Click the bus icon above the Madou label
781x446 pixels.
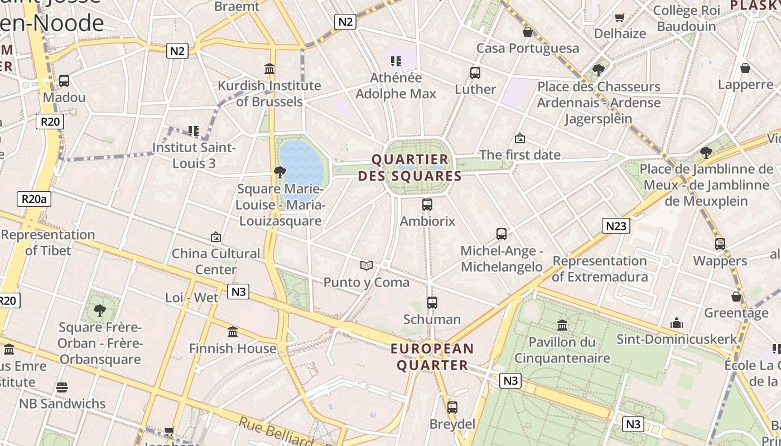pos(64,81)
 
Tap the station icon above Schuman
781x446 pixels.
pos(432,303)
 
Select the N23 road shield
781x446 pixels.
pos(616,226)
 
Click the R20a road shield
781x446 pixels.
pos(33,199)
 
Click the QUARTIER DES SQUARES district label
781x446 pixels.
pos(410,168)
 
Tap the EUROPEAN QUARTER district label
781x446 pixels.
pos(432,357)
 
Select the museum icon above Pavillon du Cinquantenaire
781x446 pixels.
pos(562,325)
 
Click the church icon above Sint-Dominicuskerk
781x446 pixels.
pos(677,323)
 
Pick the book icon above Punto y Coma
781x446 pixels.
pos(366,265)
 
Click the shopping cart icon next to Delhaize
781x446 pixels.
pos(619,17)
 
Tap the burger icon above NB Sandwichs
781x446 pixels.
pos(62,387)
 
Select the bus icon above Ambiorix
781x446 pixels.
pos(427,205)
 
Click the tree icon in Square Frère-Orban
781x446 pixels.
pos(100,310)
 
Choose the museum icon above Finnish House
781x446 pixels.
pos(233,332)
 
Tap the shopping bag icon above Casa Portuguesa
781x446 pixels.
pos(527,32)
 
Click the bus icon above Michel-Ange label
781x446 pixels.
pos(502,234)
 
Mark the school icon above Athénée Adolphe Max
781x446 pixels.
pos(396,61)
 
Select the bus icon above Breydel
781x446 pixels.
pos(452,407)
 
